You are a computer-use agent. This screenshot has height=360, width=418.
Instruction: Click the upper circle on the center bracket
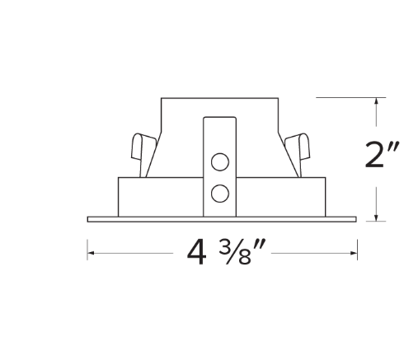tap(220, 161)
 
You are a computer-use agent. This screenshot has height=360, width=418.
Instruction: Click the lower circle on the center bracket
tap(220, 194)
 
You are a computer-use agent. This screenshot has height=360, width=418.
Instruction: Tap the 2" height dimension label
tap(382, 154)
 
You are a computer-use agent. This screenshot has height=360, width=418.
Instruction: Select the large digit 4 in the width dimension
tap(196, 252)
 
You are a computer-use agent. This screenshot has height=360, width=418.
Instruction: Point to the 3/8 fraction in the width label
tap(235, 253)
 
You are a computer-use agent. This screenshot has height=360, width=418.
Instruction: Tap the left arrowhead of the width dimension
tap(91, 253)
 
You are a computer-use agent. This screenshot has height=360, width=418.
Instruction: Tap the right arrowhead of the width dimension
tap(354, 253)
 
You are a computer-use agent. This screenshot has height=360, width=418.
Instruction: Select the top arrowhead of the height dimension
tap(377, 101)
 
